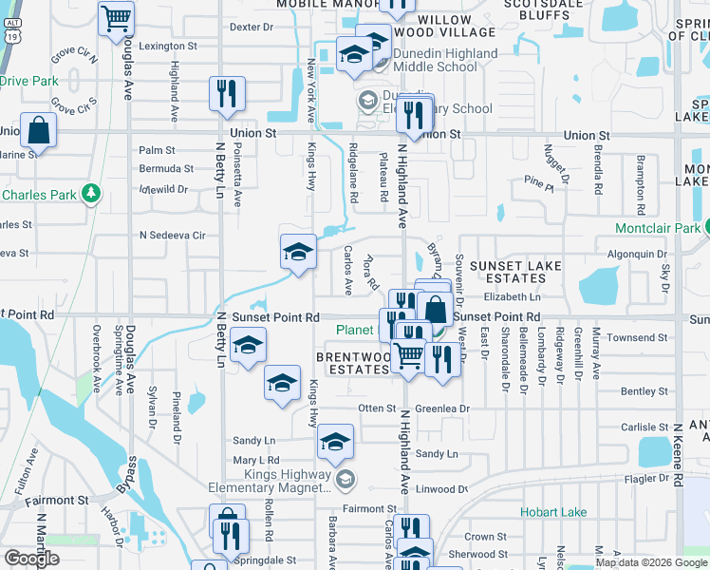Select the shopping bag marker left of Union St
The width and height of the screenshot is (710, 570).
pyautogui.click(x=38, y=129)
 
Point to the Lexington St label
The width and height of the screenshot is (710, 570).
pyautogui.click(x=168, y=46)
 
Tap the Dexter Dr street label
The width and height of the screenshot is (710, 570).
pyautogui.click(x=252, y=28)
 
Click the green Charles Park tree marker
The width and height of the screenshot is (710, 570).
pyautogui.click(x=91, y=195)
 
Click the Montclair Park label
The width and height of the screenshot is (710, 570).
pyautogui.click(x=657, y=228)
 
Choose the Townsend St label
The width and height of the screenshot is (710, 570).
pyautogui.click(x=637, y=338)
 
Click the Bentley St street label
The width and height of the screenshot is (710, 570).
pyautogui.click(x=645, y=391)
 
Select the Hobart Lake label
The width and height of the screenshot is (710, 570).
pyautogui.click(x=553, y=512)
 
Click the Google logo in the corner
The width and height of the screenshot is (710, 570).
pyautogui.click(x=32, y=559)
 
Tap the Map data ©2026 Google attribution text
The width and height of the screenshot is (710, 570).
pyautogui.click(x=650, y=562)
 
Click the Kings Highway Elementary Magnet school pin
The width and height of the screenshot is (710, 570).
pyautogui.click(x=346, y=478)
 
